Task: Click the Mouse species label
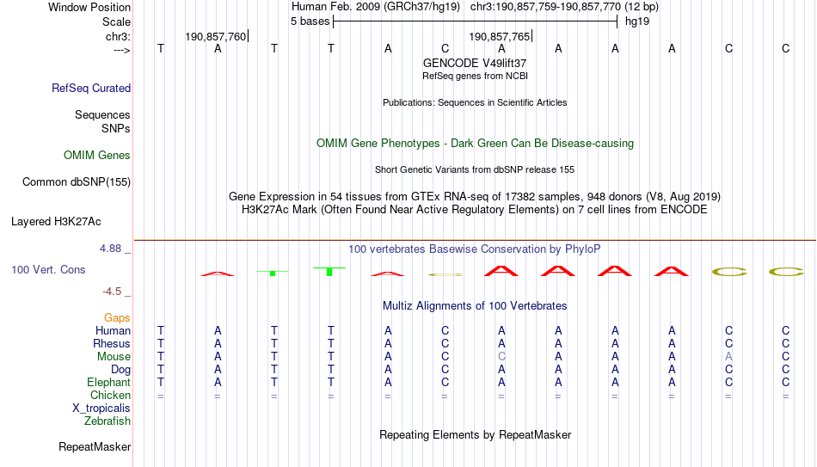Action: pyautogui.click(x=114, y=357)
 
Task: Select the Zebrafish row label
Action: pyautogui.click(x=107, y=421)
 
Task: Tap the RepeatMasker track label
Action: pyautogui.click(x=95, y=446)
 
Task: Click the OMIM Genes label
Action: pyautogui.click(x=97, y=156)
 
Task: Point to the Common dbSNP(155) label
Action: pyautogui.click(x=77, y=182)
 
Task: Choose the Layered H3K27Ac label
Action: pyautogui.click(x=56, y=222)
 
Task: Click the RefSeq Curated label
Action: pyautogui.click(x=91, y=88)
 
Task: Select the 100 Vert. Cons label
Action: pyautogui.click(x=48, y=269)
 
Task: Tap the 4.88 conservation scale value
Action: pyautogui.click(x=110, y=249)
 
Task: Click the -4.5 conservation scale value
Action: pyautogui.click(x=112, y=292)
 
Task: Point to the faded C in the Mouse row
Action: pyautogui.click(x=501, y=357)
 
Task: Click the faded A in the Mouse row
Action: pyautogui.click(x=729, y=357)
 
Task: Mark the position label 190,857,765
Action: pyautogui.click(x=499, y=36)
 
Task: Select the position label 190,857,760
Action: pyautogui.click(x=215, y=36)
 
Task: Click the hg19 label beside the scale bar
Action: pyautogui.click(x=637, y=22)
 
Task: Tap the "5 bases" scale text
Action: pyautogui.click(x=310, y=22)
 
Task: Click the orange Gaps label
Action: pyautogui.click(x=117, y=318)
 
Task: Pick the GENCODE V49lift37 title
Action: pyautogui.click(x=475, y=63)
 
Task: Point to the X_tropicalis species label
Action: pyautogui.click(x=101, y=409)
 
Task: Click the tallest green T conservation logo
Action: pyautogui.click(x=329, y=271)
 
